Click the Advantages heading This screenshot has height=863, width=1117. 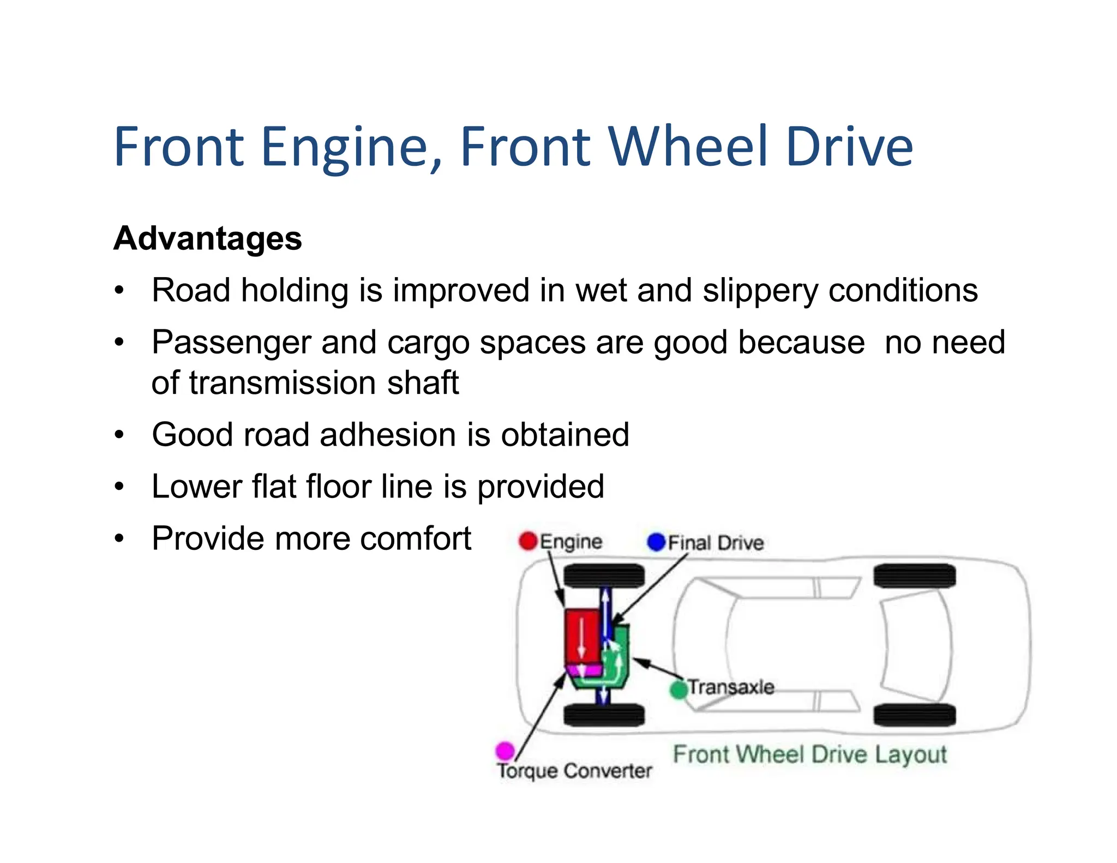coord(207,238)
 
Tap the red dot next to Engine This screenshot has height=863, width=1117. coord(528,541)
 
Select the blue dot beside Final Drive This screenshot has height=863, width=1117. coord(656,542)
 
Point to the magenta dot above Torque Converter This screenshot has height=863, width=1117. coord(505,751)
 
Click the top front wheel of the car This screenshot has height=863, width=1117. coord(604,576)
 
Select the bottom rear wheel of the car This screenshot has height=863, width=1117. coord(914,715)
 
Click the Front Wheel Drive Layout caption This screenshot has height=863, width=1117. coord(809,754)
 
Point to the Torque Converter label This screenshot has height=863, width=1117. coord(574,771)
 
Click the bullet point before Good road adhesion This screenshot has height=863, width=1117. coord(119,435)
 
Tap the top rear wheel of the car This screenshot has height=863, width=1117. coord(914,576)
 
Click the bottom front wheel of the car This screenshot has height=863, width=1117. coord(604,715)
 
